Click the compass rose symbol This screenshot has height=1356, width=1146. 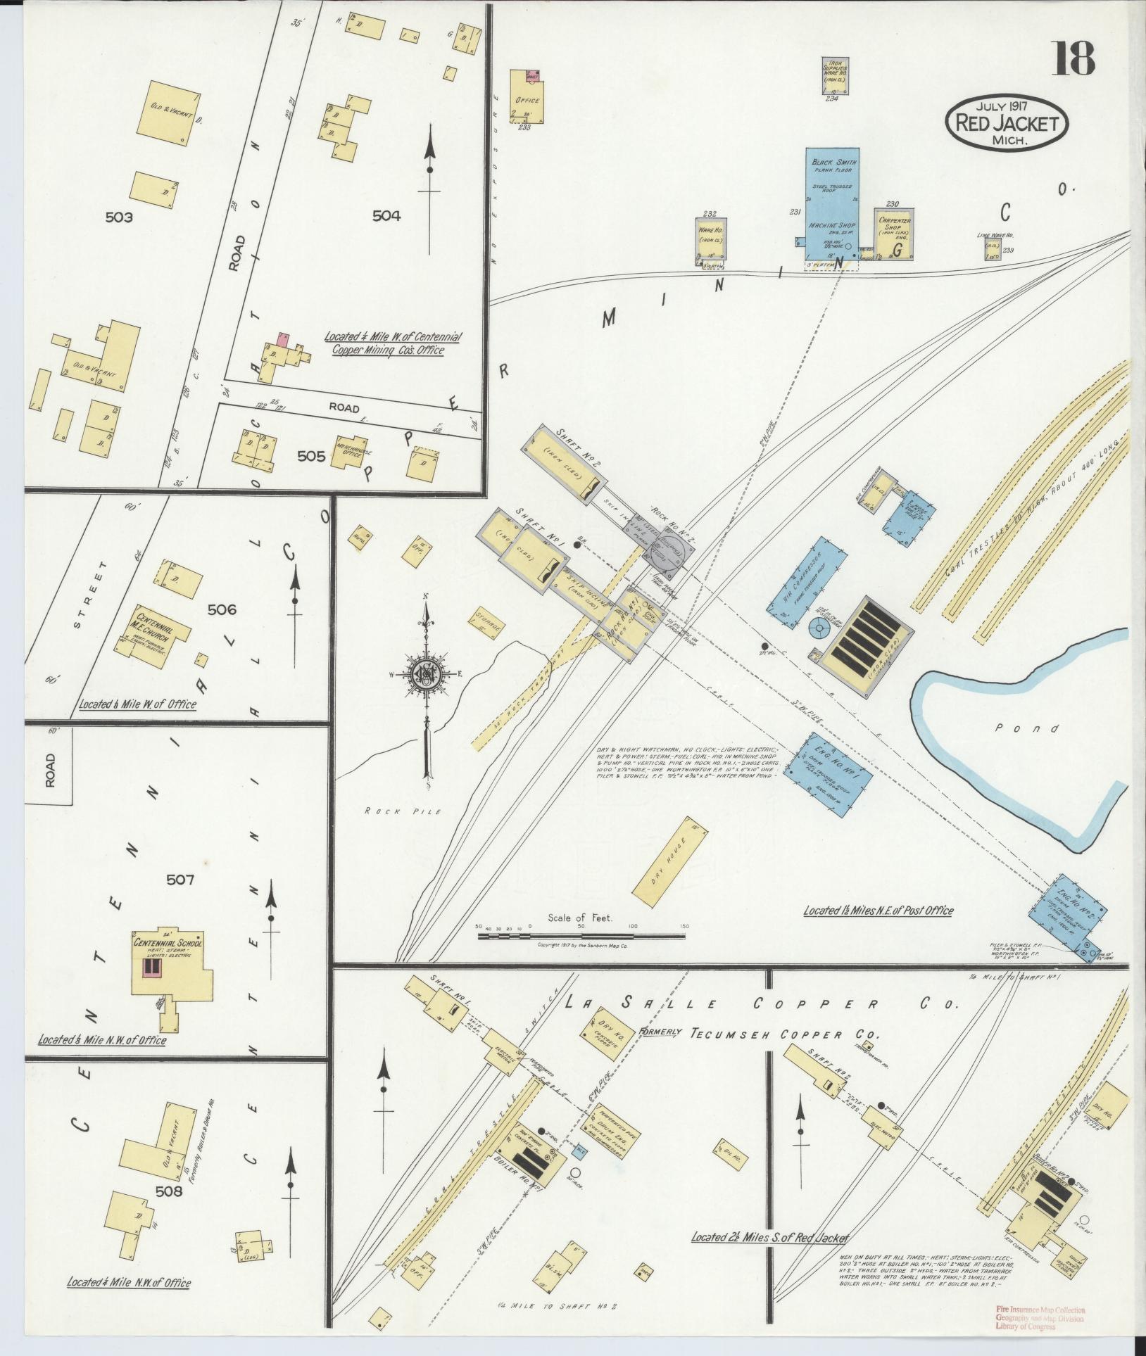click(426, 673)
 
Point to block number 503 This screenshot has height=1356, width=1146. click(118, 217)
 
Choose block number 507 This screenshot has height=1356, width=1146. click(180, 879)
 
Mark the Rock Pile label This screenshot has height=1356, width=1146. click(403, 811)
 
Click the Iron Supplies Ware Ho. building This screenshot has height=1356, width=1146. click(834, 75)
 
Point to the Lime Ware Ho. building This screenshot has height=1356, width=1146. click(993, 247)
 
